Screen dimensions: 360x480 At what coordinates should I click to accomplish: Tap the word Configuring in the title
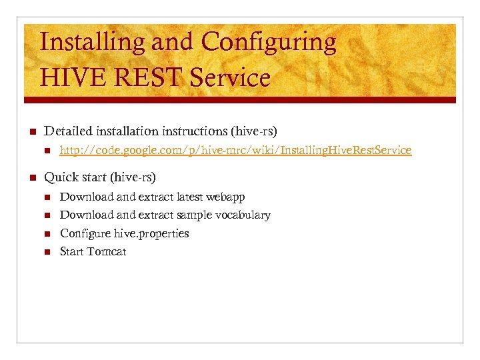point(269,43)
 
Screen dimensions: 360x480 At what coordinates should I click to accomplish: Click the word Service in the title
point(230,78)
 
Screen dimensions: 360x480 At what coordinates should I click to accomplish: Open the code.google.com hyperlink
point(235,151)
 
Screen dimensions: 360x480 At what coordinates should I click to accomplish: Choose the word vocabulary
point(243,215)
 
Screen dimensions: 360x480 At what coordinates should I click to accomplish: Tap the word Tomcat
point(107,252)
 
